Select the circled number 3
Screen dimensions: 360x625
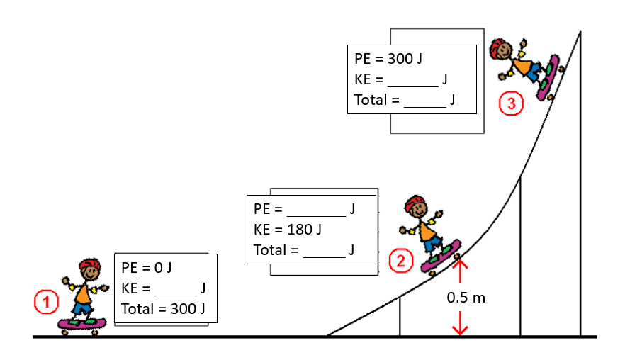coord(511,104)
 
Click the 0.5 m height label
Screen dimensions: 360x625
coord(466,297)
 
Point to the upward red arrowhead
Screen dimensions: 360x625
coord(461,265)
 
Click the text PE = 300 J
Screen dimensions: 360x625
coord(388,59)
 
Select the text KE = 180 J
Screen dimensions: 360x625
coord(288,230)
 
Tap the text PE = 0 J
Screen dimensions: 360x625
coord(147,268)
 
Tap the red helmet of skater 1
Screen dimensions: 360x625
coord(89,266)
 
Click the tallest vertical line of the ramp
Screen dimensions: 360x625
coord(581,184)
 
